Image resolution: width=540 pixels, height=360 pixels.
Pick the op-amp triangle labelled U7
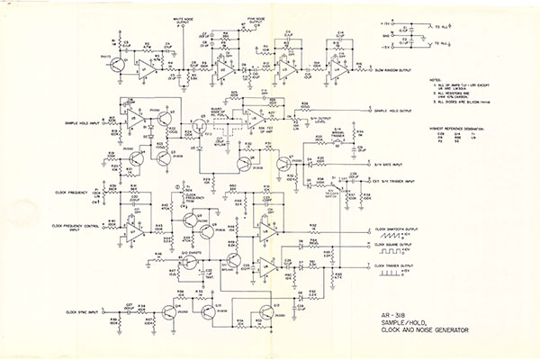pyautogui.click(x=133, y=232)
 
